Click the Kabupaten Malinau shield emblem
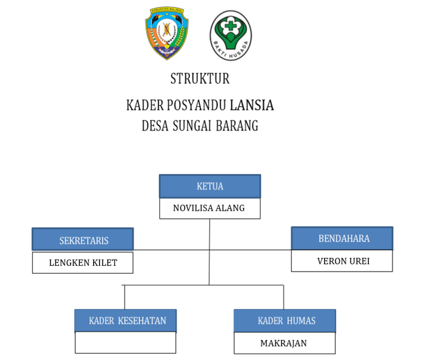(x=166, y=35)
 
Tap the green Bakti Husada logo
(x=231, y=36)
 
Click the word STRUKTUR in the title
(x=200, y=78)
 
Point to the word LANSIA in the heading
(x=252, y=105)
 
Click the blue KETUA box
(x=210, y=186)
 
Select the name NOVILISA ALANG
(x=209, y=208)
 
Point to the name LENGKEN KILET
(x=83, y=263)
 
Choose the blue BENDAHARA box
(x=342, y=238)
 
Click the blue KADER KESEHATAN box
(x=126, y=320)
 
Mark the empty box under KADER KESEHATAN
(x=126, y=343)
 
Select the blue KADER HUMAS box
(x=285, y=320)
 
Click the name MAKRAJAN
(x=284, y=343)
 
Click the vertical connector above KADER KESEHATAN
(x=124, y=297)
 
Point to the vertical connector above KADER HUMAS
(x=284, y=297)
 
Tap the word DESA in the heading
(x=155, y=126)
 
